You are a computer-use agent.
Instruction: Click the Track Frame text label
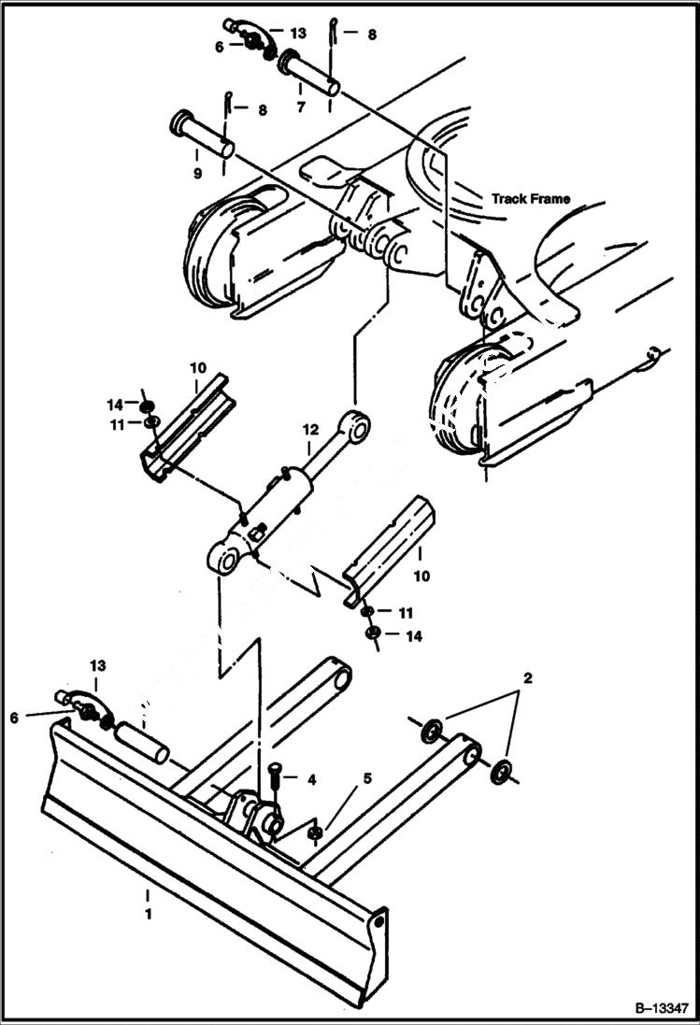click(x=530, y=199)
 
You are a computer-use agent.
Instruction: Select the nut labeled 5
click(x=317, y=831)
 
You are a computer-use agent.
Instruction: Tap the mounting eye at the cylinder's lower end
click(x=224, y=562)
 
